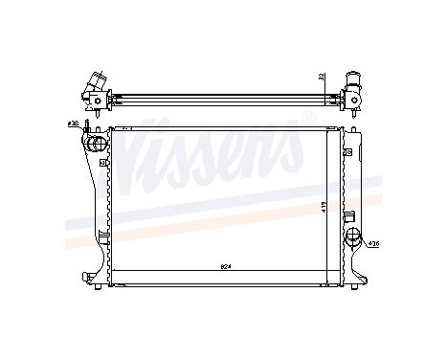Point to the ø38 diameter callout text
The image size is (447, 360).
[x=73, y=124]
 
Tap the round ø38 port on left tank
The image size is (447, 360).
[x=95, y=145]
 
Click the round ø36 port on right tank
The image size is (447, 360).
[x=355, y=236]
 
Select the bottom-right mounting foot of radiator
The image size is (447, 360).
[x=359, y=278]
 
